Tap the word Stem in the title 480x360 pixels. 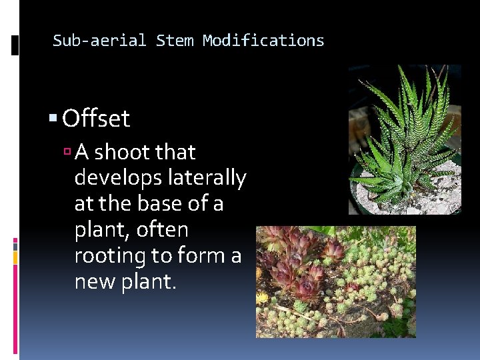point(175,41)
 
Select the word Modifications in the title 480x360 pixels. point(263,41)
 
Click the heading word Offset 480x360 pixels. point(96,119)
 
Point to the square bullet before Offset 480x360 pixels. point(53,119)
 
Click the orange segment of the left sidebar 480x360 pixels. point(15,256)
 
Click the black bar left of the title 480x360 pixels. point(15,45)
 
